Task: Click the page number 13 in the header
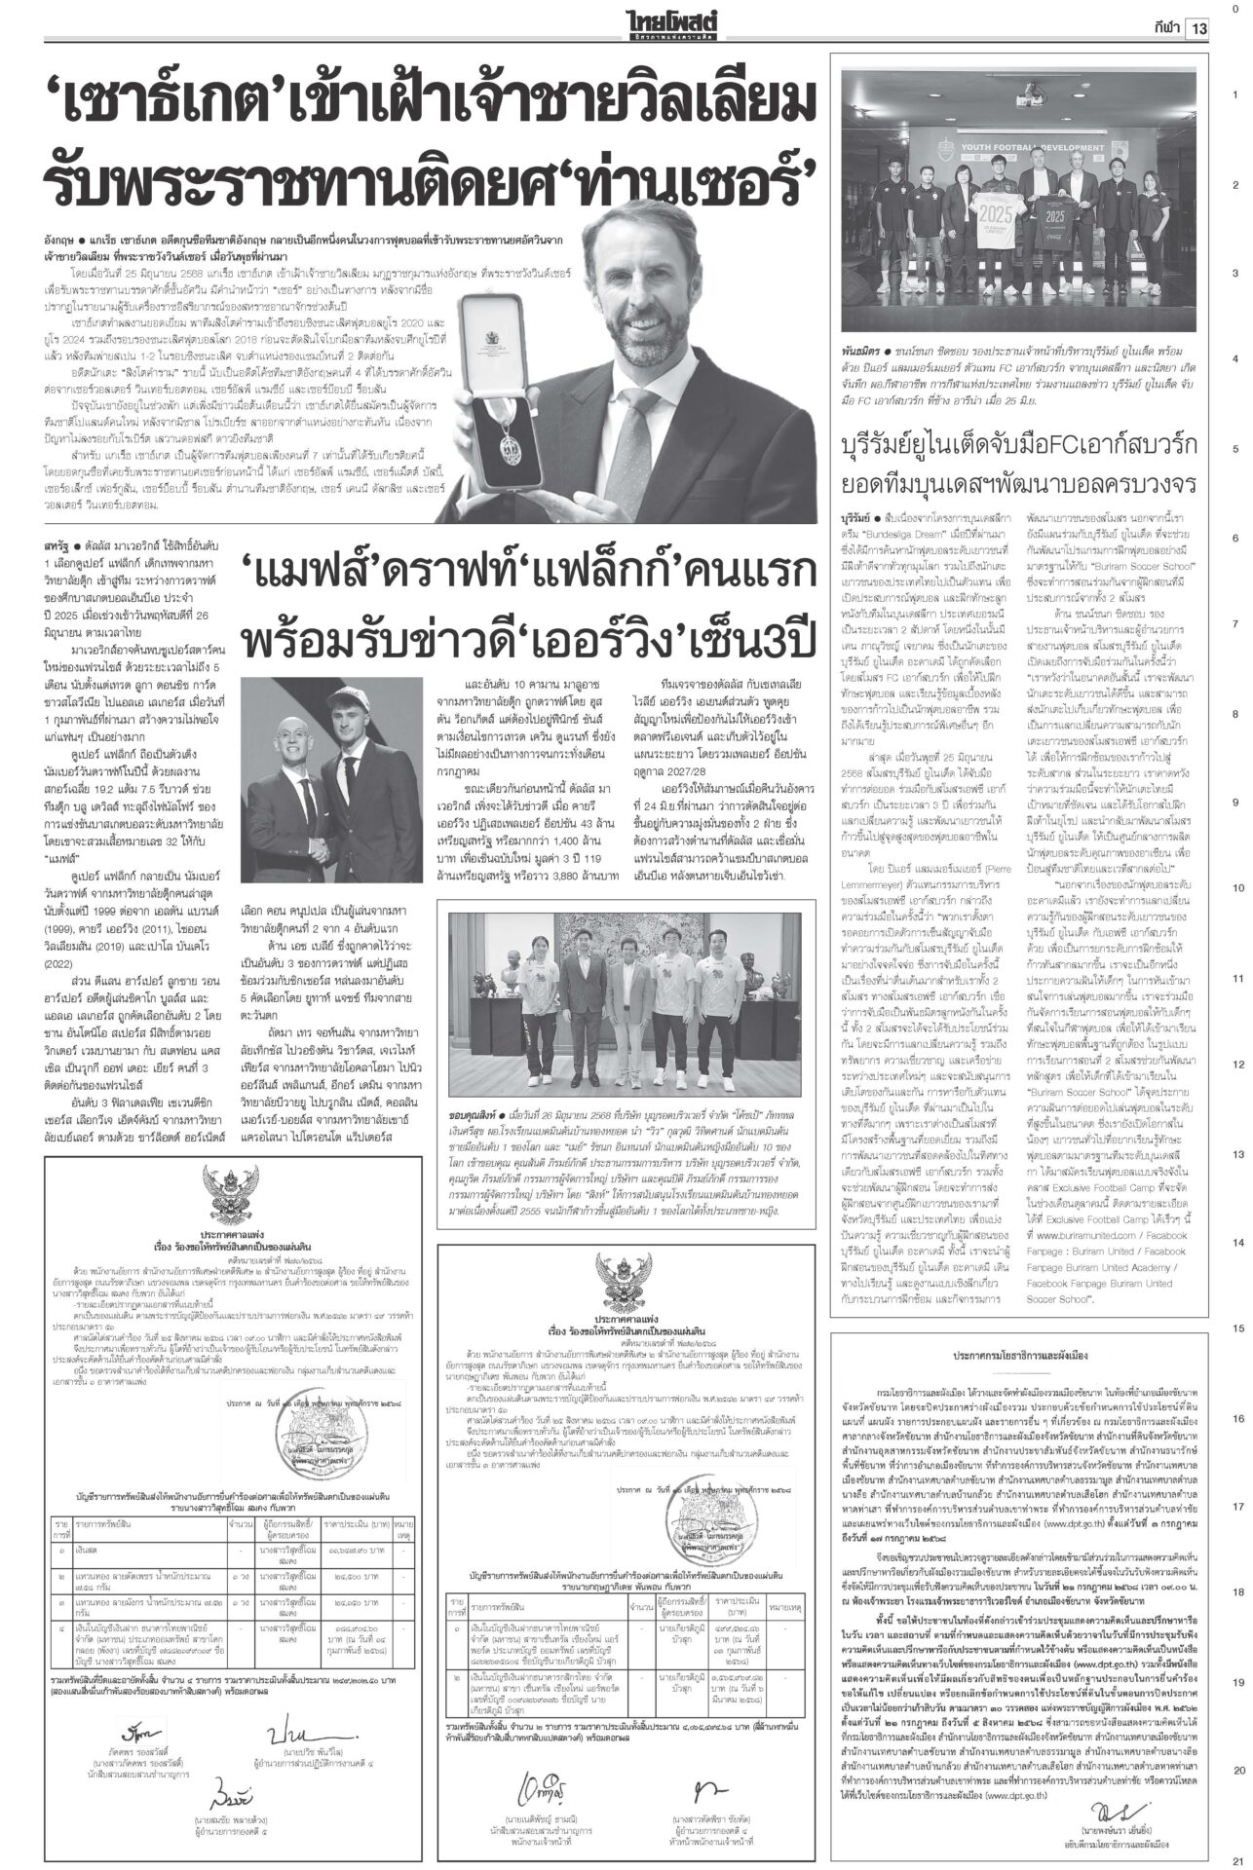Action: click(1197, 27)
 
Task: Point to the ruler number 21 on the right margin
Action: click(1234, 1857)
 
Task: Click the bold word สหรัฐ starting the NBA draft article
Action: click(58, 536)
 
